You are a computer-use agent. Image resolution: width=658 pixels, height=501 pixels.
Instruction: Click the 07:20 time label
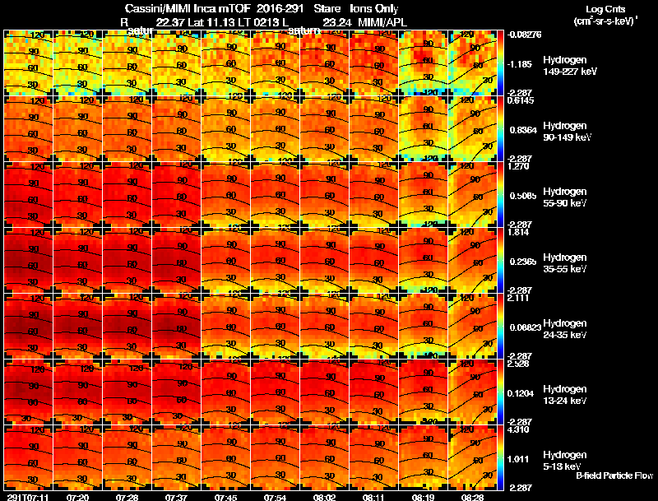click(78, 496)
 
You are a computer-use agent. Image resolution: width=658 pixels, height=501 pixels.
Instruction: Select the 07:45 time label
click(226, 496)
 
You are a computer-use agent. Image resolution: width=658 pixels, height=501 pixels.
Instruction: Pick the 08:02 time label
click(325, 496)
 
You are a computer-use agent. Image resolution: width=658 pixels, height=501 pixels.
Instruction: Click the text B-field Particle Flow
click(614, 475)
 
